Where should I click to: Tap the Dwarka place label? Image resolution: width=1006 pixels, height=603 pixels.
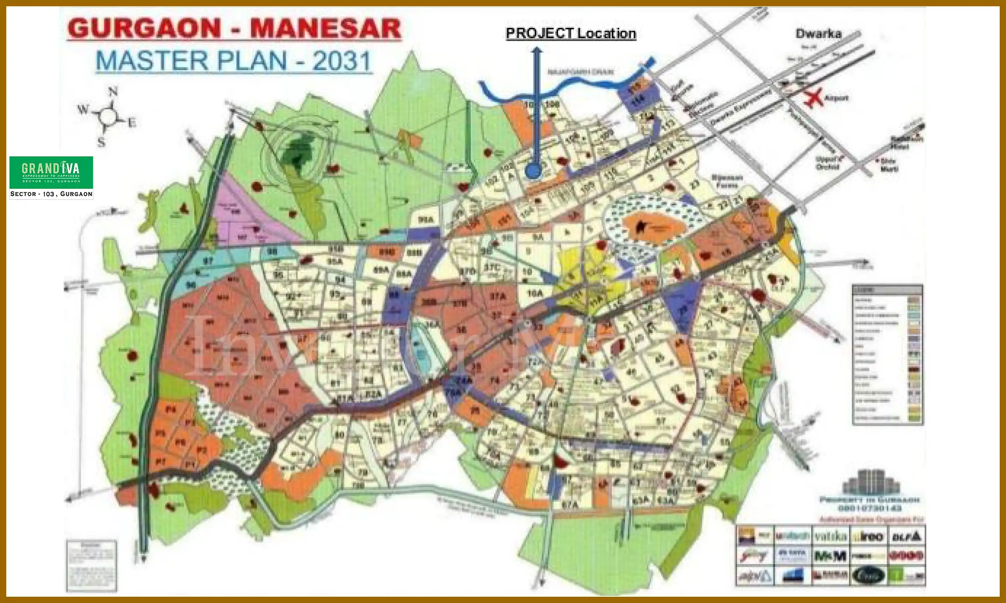(x=818, y=34)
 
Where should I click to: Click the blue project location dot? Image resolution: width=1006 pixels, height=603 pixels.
(x=533, y=170)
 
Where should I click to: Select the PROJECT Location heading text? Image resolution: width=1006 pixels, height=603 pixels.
(x=571, y=33)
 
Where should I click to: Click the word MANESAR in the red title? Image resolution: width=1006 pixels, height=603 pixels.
(x=326, y=28)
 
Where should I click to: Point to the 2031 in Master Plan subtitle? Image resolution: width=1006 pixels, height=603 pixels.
(x=342, y=61)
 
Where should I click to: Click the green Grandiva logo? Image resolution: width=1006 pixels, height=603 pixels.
(x=51, y=172)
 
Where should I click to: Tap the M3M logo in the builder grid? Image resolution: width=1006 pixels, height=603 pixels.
(x=830, y=556)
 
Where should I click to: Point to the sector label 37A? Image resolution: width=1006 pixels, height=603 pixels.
(x=498, y=296)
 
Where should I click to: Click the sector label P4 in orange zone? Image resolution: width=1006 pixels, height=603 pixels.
(x=171, y=410)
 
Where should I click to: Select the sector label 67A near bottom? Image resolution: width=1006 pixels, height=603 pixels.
(x=570, y=505)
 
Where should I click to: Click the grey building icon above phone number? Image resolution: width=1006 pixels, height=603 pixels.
(x=871, y=482)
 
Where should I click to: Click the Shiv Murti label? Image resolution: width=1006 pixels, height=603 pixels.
(x=889, y=165)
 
